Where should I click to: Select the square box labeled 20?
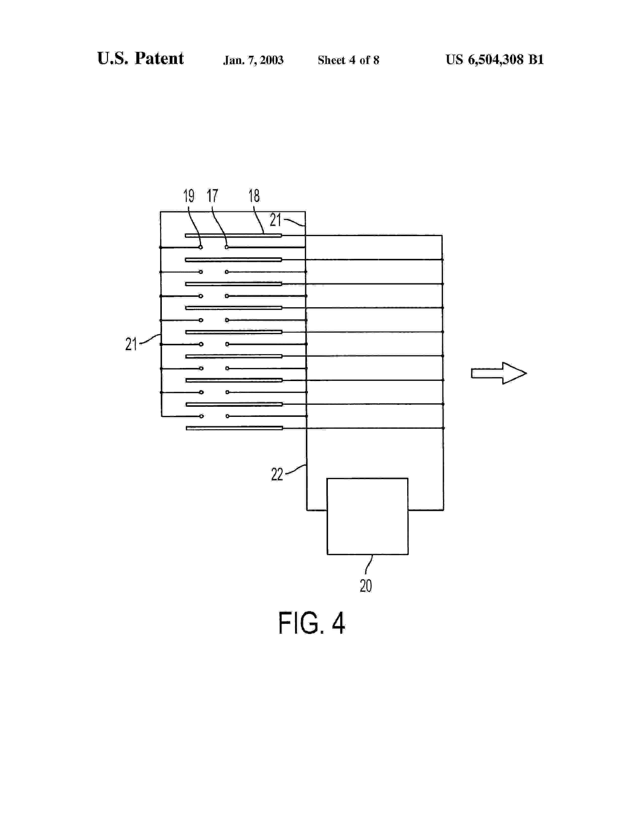(x=367, y=516)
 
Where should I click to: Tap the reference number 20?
(x=366, y=586)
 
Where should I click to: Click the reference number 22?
(x=277, y=474)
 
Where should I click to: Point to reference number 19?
(x=189, y=196)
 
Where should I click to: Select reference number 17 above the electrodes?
(x=212, y=196)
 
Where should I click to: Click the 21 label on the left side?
(x=131, y=344)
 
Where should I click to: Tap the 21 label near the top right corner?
(x=275, y=220)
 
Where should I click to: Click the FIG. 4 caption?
(x=311, y=623)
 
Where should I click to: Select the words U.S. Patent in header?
(x=140, y=59)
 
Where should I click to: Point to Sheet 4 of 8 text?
(x=348, y=60)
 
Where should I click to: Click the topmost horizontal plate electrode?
(x=233, y=235)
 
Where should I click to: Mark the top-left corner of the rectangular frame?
(x=161, y=212)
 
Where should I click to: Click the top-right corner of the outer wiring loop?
(x=442, y=235)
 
